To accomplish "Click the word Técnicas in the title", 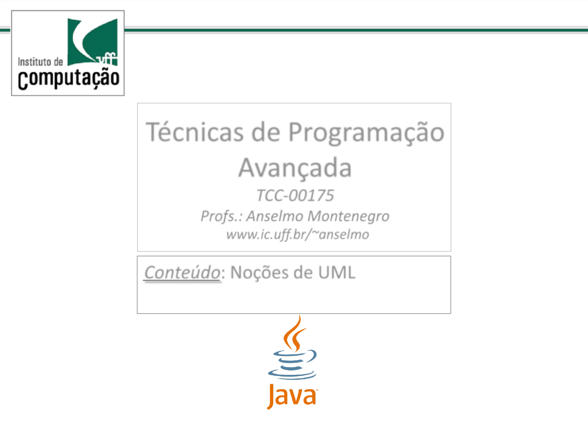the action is coord(194,132).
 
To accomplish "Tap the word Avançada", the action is coord(295,168).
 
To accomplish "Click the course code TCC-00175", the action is coord(295,195).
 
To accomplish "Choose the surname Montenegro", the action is coord(348,216).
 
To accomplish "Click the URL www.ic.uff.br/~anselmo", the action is coord(298,235).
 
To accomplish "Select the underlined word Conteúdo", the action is coord(182,272).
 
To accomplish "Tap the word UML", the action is coord(337,273).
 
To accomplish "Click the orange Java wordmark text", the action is coord(292,396).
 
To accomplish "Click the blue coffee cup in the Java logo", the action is coord(292,364).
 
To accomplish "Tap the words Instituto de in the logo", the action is coord(40,62).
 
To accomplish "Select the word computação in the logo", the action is coord(69,79).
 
